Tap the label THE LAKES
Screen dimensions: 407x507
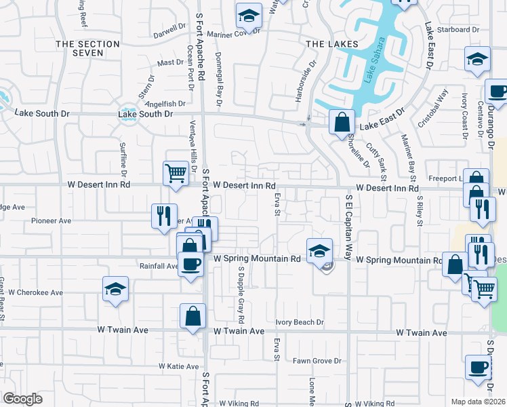click(x=331, y=44)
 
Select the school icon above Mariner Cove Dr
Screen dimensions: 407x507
click(x=249, y=15)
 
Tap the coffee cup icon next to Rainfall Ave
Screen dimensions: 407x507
click(x=190, y=263)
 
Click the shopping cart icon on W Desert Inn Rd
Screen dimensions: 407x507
click(x=176, y=173)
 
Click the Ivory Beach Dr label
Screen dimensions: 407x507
click(x=300, y=322)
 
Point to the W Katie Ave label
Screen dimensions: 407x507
click(x=179, y=366)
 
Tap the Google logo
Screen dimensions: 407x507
click(x=23, y=399)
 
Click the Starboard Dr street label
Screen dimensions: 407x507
click(x=458, y=30)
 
